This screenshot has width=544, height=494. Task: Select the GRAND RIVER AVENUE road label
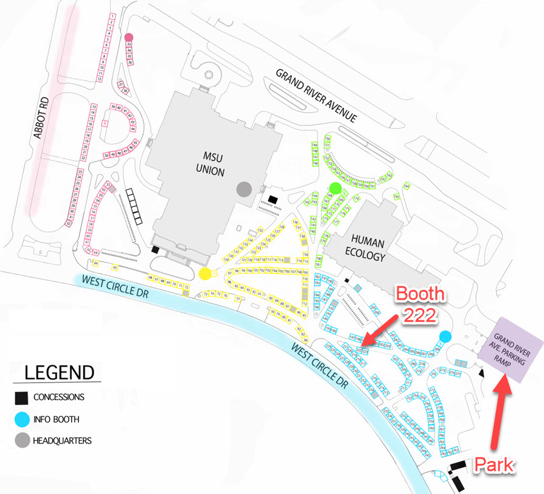coord(316,95)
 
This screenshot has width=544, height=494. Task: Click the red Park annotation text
coord(495,466)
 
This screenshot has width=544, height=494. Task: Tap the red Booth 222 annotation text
coord(420,305)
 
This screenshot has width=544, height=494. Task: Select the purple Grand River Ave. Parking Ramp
coord(511,350)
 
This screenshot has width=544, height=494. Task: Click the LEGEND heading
coord(59,372)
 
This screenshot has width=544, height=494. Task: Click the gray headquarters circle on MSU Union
coord(244,189)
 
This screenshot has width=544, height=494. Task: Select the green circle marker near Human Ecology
coord(335,186)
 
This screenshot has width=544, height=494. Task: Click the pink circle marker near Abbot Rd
coord(128,37)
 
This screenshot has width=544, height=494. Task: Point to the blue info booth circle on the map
coord(445,336)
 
